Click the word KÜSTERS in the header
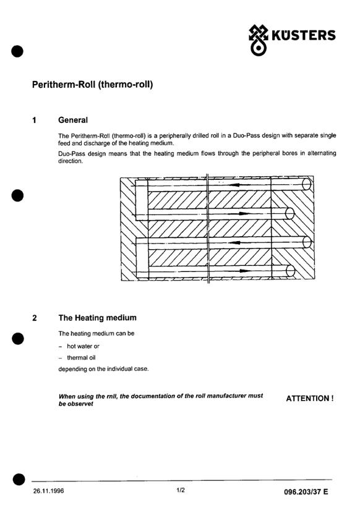click(x=303, y=35)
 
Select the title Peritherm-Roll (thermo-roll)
click(x=92, y=84)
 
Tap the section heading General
click(x=73, y=120)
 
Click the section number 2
click(x=34, y=318)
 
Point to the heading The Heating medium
click(x=97, y=318)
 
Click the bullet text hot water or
click(x=83, y=346)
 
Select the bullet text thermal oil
click(x=81, y=358)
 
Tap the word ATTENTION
click(x=307, y=398)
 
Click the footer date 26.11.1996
click(x=48, y=491)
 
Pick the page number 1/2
click(x=181, y=490)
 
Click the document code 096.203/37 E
click(x=306, y=492)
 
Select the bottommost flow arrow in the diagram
click(x=241, y=270)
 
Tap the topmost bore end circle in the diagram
click(x=306, y=184)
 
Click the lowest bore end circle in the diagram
click(x=291, y=271)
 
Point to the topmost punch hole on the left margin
click(x=17, y=51)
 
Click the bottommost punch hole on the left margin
click(x=19, y=480)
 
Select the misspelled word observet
click(x=80, y=404)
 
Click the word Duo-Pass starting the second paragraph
click(x=72, y=154)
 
